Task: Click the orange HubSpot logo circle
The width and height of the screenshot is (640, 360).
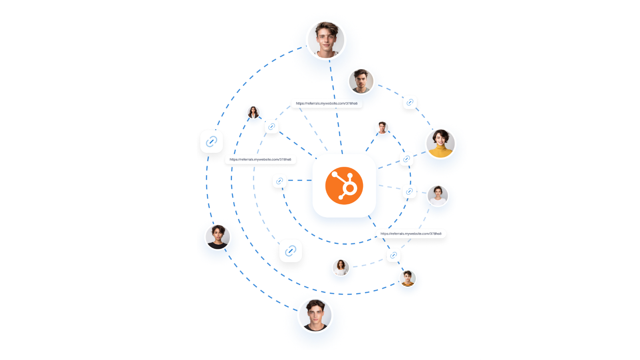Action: pos(344,186)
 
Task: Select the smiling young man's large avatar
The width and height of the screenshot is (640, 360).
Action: pos(326,40)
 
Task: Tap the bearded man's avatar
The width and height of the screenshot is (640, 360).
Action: pos(361,81)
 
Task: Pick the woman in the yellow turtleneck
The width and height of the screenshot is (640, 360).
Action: pos(440,143)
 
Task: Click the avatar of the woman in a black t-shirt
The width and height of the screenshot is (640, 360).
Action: pos(218,237)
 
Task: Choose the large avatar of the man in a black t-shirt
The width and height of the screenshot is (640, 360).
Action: pos(315,315)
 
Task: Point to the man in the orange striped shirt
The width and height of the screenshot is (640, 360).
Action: pos(408,279)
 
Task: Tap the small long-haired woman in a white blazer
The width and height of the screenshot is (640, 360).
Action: pos(253,113)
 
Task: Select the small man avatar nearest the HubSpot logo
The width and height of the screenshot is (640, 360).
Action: pos(382,128)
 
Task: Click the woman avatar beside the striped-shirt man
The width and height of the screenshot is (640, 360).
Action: pos(341,267)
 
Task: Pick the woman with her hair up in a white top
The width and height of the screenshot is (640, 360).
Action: pos(438,196)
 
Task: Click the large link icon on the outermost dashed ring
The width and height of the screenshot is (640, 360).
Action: pos(211,141)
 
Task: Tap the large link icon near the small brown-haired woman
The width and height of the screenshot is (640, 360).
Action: pos(291,251)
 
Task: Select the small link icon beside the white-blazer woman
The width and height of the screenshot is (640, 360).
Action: pos(271,127)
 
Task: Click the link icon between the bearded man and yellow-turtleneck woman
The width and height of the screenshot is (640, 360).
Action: pos(410,102)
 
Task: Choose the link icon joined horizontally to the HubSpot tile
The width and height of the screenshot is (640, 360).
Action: pos(279,181)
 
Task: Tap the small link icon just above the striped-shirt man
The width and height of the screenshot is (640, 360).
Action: pos(393,255)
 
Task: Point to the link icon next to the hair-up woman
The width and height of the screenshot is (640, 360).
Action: pos(409,192)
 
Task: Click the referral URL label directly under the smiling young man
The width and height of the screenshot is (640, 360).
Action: pos(327,103)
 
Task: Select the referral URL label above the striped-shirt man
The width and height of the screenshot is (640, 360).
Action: pos(411,233)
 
